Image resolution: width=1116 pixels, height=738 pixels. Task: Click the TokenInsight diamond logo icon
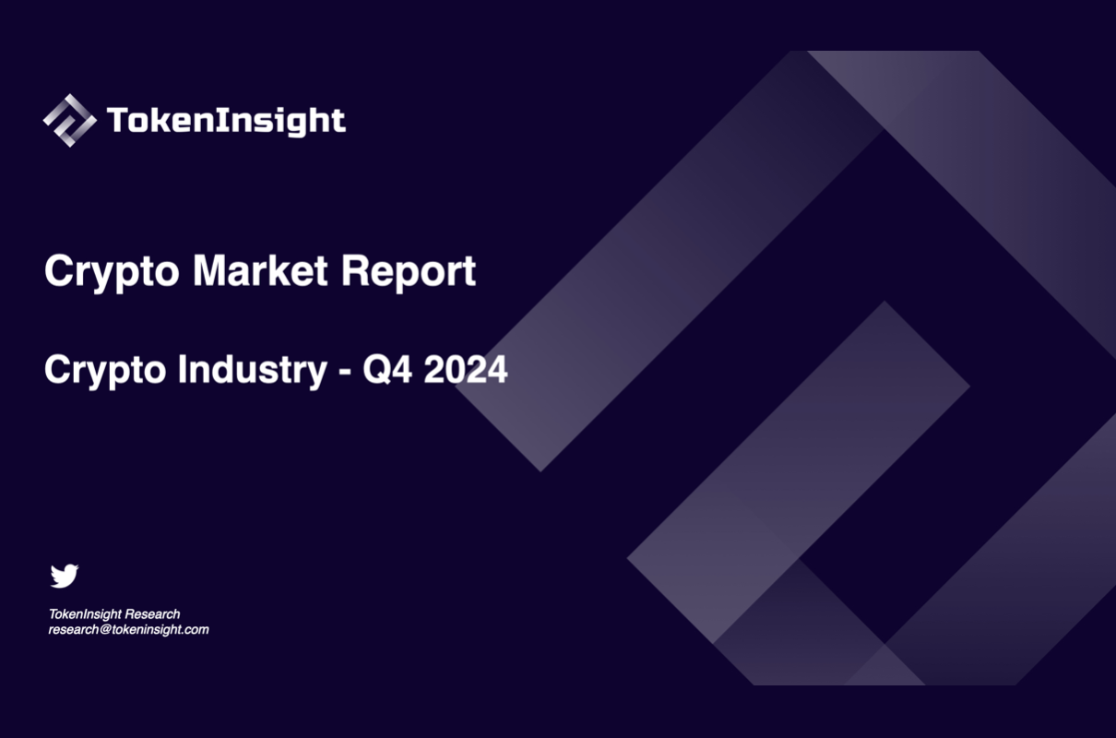(x=69, y=120)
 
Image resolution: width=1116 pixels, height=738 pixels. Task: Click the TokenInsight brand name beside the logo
(x=226, y=121)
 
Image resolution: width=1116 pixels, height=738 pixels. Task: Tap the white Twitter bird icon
(x=65, y=576)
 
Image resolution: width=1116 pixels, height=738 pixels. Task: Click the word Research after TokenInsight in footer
(x=152, y=613)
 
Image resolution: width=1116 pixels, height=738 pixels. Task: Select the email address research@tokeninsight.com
(x=129, y=630)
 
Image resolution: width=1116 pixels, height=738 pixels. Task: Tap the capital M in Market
(x=211, y=271)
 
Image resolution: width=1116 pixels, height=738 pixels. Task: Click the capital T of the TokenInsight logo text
(x=117, y=120)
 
